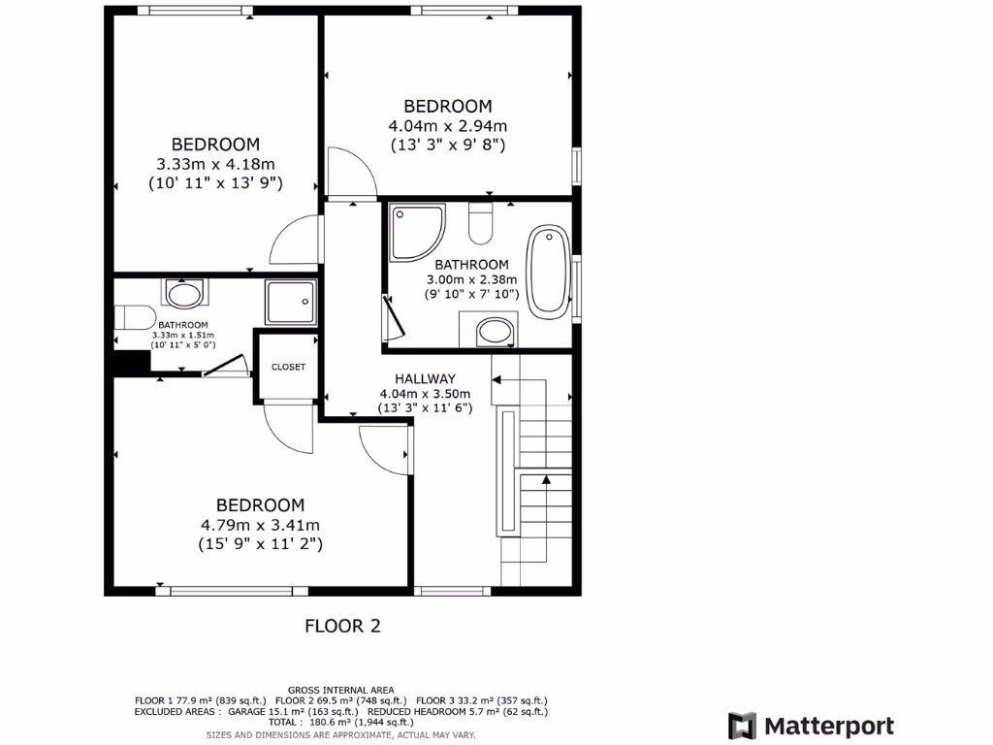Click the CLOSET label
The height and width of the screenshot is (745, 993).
click(x=288, y=367)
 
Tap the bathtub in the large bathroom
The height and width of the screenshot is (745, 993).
click(x=549, y=271)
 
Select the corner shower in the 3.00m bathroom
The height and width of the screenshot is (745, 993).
click(x=415, y=232)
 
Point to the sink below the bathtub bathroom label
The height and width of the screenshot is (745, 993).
click(x=496, y=331)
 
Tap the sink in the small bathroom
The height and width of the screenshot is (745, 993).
click(x=184, y=293)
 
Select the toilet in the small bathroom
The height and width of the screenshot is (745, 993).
click(x=133, y=318)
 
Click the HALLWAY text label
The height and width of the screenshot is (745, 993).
click(x=425, y=378)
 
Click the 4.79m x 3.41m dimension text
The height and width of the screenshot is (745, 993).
click(x=260, y=525)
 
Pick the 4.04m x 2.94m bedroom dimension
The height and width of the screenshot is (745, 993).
click(x=448, y=125)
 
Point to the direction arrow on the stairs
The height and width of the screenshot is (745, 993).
click(x=545, y=478)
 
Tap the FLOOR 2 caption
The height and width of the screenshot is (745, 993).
click(x=342, y=626)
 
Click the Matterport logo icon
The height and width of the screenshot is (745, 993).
click(x=743, y=726)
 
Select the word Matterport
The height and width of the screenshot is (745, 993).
click(x=829, y=726)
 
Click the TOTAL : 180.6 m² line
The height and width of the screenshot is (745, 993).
click(x=340, y=723)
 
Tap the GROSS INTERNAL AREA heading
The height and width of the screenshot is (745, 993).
click(x=340, y=690)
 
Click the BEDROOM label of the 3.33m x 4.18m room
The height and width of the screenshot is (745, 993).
click(x=215, y=145)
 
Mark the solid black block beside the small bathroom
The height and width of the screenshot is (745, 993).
click(x=131, y=361)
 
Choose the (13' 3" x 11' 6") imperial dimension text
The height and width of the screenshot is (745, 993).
click(x=425, y=408)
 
